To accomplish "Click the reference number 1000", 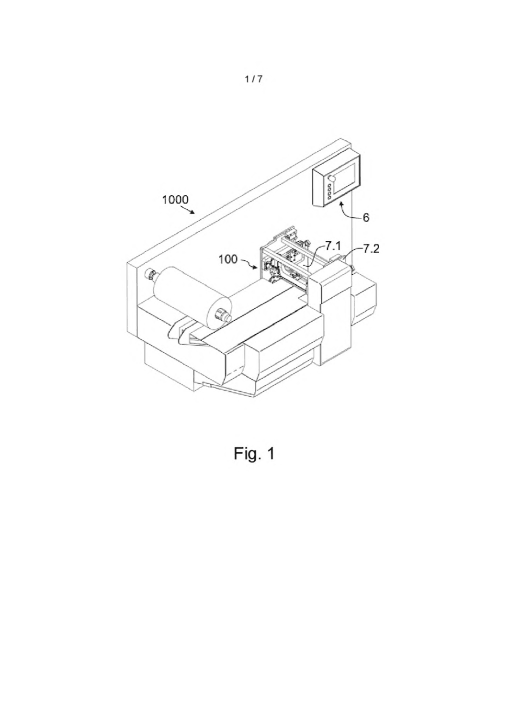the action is [175, 200].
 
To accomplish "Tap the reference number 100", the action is [228, 259].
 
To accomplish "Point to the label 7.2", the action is [371, 249].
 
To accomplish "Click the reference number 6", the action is [366, 218].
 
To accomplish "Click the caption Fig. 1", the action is [254, 454].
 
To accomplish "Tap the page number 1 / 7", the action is [253, 79].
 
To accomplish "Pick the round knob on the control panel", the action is [332, 178].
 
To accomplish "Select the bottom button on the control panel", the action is [329, 198].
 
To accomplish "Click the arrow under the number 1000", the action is [189, 210].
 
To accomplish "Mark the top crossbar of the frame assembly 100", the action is [297, 247].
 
